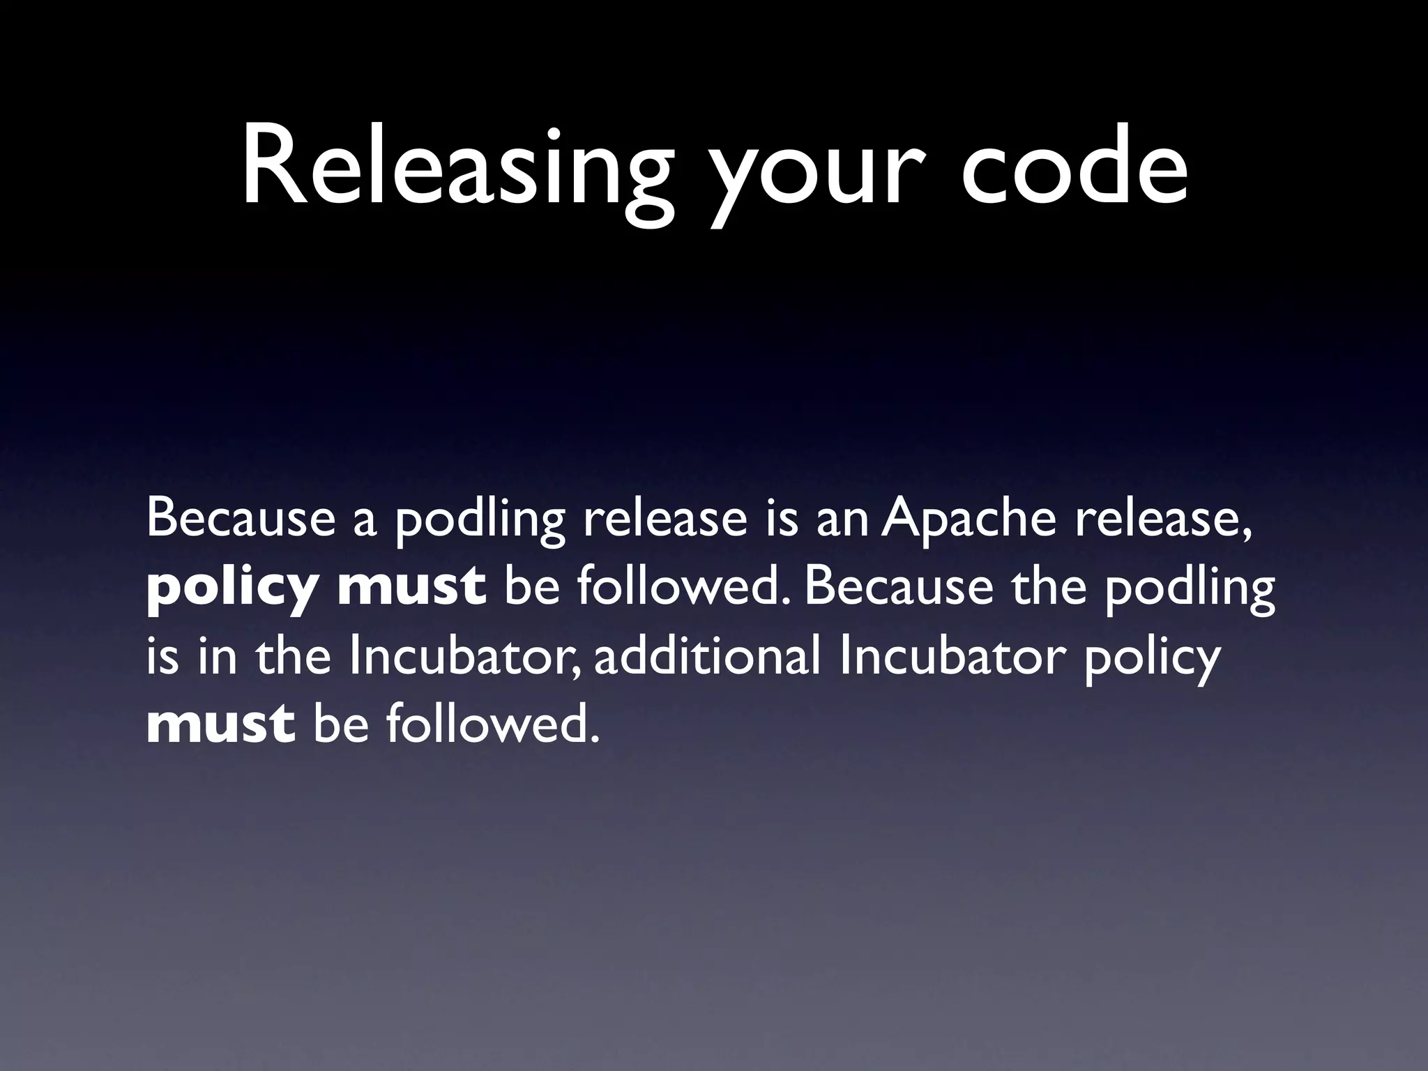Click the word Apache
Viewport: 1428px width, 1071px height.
click(x=969, y=519)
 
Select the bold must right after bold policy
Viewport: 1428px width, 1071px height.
click(x=411, y=587)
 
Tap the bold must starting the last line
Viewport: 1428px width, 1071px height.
click(x=220, y=725)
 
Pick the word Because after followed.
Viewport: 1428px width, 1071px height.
click(x=899, y=587)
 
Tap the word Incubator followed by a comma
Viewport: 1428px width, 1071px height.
click(x=464, y=657)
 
